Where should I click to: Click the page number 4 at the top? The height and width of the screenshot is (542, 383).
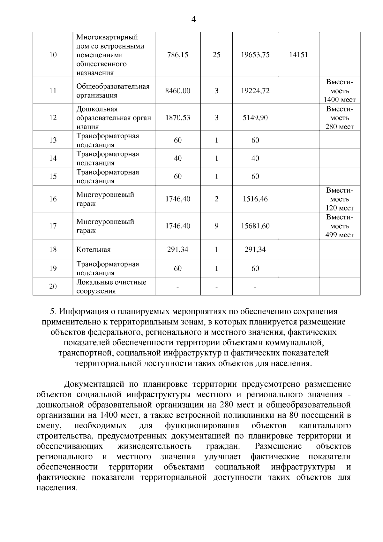pos(193,19)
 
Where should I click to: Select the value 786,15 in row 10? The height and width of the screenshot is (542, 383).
pos(177,55)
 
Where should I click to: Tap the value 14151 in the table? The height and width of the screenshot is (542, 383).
pos(298,55)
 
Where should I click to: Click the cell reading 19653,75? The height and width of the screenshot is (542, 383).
pos(255,55)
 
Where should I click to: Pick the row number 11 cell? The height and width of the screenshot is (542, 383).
pos(53,91)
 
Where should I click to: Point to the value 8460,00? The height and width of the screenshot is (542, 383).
pos(177,91)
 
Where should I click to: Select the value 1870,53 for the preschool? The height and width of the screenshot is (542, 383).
pos(177,118)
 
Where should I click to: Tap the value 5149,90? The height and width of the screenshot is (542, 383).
pos(255,118)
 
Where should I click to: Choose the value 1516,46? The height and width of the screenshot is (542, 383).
pos(255,199)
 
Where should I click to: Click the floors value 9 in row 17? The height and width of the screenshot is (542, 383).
pos(216,226)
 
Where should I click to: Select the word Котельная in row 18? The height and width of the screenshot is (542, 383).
pos(93,250)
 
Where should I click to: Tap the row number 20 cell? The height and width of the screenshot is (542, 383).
pos(53,286)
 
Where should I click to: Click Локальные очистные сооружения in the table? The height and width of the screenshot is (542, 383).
pos(111,286)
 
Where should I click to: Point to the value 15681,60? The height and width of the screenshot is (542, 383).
pos(255,226)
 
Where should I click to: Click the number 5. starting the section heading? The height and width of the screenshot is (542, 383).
pos(54,311)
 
